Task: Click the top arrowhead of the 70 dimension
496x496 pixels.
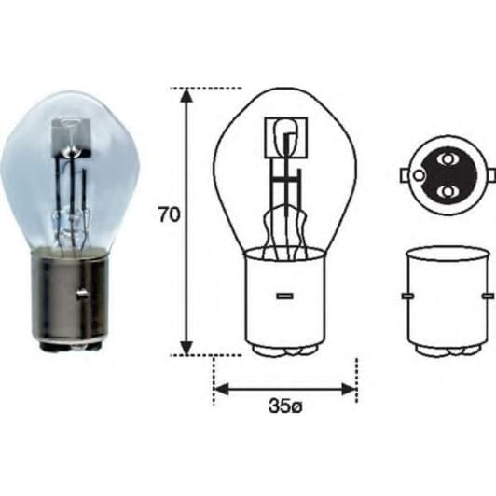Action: coord(186,96)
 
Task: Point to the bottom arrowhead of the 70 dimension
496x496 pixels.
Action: coord(186,346)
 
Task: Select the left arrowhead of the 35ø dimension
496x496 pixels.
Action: coord(222,388)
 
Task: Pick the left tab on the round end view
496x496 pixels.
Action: coord(404,174)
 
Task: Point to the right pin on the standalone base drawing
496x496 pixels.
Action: coord(486,296)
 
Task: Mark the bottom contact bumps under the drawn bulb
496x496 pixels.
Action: coord(283,351)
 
